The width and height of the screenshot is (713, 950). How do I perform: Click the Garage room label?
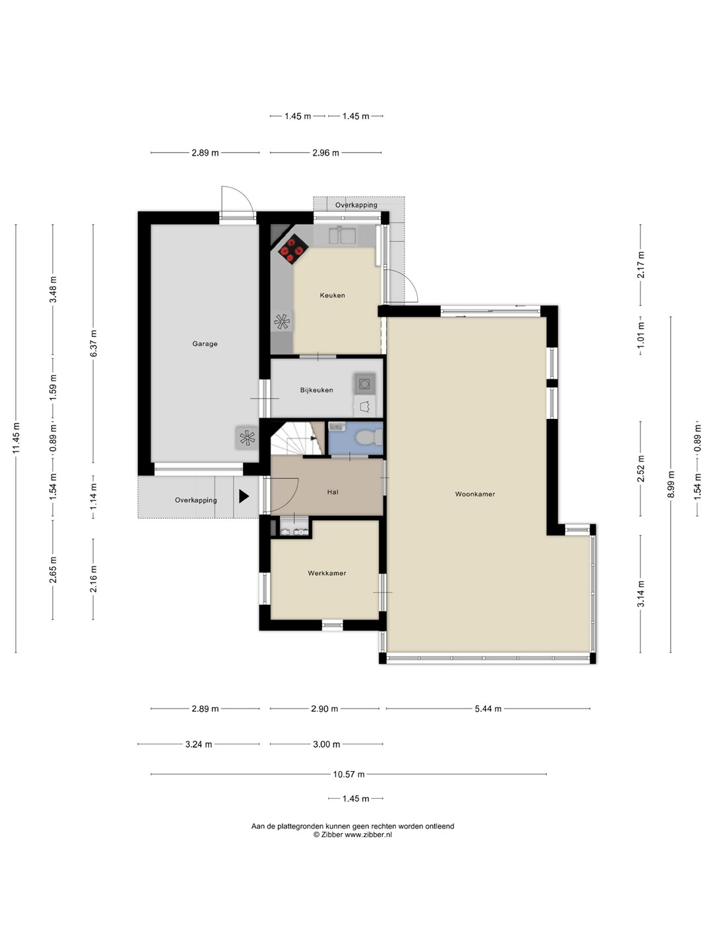pyautogui.click(x=205, y=344)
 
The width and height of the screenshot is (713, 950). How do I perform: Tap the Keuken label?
pyautogui.click(x=333, y=295)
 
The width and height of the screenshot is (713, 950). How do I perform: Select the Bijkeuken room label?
pyautogui.click(x=316, y=390)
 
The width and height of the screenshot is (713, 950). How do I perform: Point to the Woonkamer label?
pyautogui.click(x=475, y=494)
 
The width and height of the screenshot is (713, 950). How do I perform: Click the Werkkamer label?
pyautogui.click(x=327, y=573)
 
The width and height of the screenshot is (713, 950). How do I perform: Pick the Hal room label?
pyautogui.click(x=333, y=491)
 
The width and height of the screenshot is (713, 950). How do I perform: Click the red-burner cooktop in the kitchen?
pyautogui.click(x=292, y=249)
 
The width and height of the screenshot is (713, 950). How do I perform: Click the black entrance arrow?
pyautogui.click(x=244, y=496)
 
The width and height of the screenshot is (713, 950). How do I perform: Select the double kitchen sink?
pyautogui.click(x=343, y=236)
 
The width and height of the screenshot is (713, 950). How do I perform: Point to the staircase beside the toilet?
pyautogui.click(x=297, y=439)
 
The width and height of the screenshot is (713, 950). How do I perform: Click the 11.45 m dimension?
pyautogui.click(x=16, y=439)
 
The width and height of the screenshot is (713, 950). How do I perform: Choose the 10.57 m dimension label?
pyautogui.click(x=349, y=774)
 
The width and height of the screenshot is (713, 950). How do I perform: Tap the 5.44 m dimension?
pyautogui.click(x=488, y=709)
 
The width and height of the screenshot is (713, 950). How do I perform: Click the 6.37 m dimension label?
pyautogui.click(x=93, y=343)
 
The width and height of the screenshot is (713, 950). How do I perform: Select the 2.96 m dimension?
pyautogui.click(x=325, y=152)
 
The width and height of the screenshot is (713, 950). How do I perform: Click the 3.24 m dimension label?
pyautogui.click(x=199, y=744)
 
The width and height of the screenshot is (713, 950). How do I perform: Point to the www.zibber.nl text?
pyautogui.click(x=368, y=835)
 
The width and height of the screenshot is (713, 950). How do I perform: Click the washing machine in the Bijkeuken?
pyautogui.click(x=364, y=383)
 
